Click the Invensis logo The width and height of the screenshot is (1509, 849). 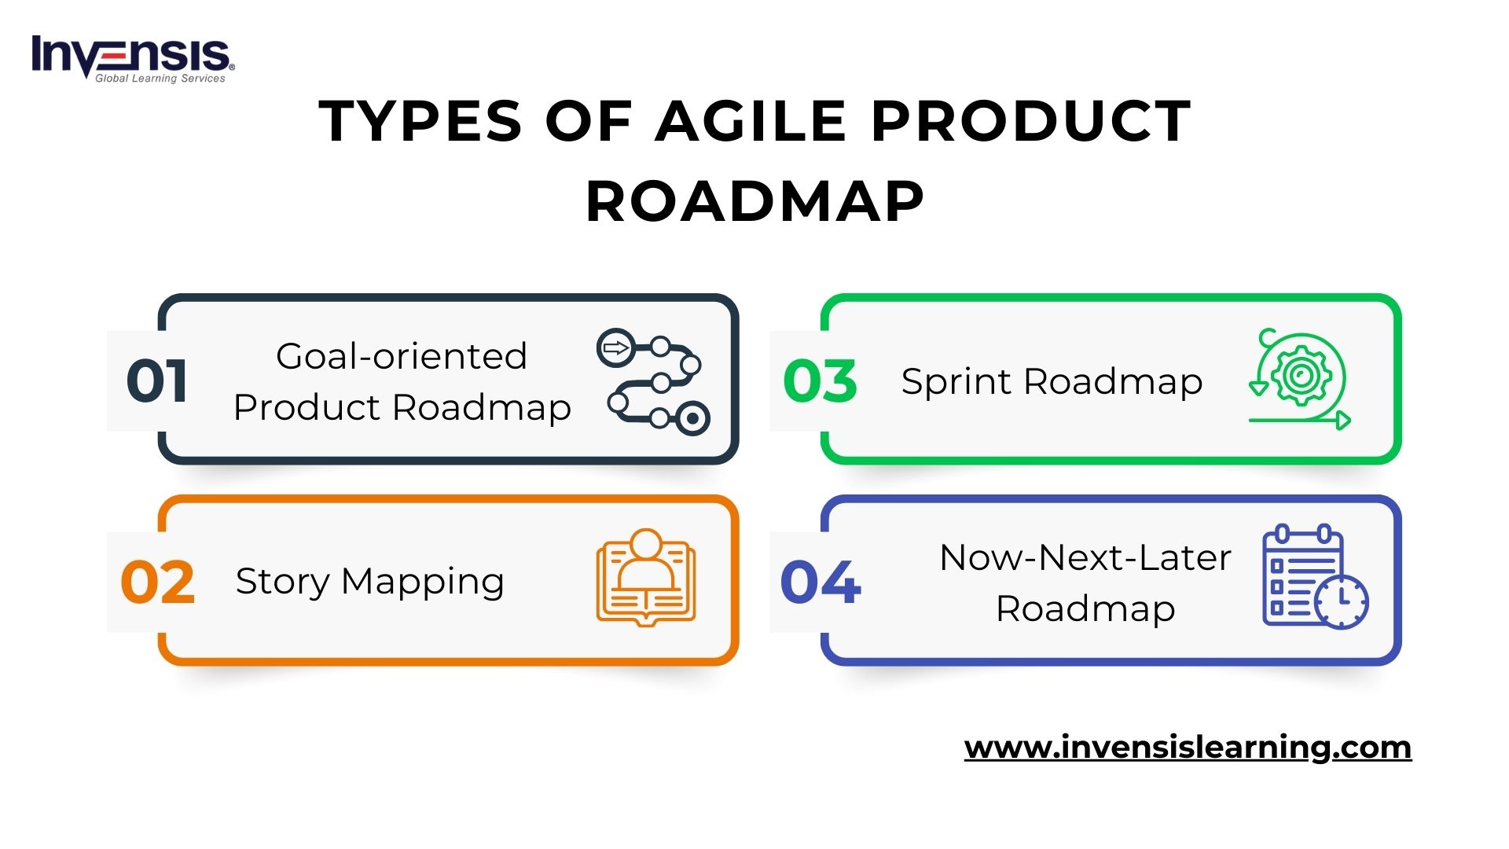(133, 58)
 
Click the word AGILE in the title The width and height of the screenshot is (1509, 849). (751, 121)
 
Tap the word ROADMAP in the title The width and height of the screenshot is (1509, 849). (755, 201)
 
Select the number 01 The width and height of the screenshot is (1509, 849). (157, 381)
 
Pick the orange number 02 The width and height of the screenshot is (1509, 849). (157, 583)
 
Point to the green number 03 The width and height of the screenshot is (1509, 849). (820, 381)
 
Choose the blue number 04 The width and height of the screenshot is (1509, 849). (821, 583)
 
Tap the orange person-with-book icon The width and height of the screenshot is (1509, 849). (646, 577)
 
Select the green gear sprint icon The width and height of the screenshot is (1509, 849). (1300, 379)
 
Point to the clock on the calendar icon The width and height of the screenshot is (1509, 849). (1342, 602)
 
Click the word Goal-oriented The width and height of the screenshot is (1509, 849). (402, 356)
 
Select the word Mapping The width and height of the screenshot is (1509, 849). (423, 583)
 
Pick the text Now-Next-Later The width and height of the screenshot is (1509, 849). (1085, 557)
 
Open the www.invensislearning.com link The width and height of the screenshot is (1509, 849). (1188, 747)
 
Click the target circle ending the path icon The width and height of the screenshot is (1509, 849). (692, 419)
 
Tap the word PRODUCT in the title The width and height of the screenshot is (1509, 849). (1031, 121)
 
